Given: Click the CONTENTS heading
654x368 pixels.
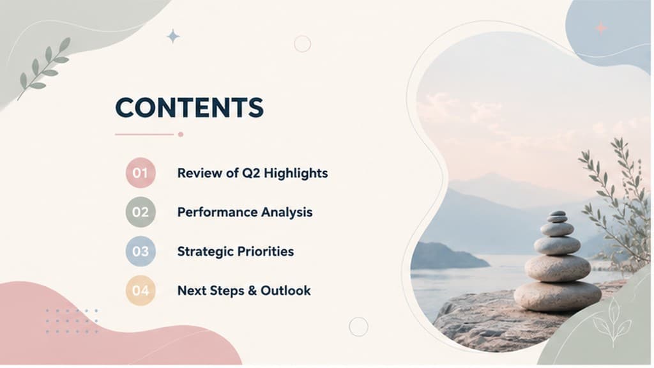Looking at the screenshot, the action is pyautogui.click(x=189, y=107).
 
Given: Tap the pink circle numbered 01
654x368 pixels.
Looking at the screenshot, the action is pyautogui.click(x=141, y=172).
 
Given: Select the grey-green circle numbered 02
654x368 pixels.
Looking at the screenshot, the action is pyautogui.click(x=141, y=212).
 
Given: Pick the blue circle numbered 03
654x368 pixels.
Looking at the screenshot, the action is pyautogui.click(x=141, y=251).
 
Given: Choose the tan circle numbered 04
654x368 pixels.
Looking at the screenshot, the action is pyautogui.click(x=141, y=291).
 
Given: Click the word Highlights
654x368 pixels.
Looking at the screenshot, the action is pyautogui.click(x=296, y=173).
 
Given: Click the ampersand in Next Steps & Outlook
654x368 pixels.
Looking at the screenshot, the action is pyautogui.click(x=252, y=291).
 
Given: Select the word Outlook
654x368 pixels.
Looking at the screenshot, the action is pyautogui.click(x=285, y=291).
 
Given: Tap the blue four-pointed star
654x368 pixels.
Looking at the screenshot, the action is pyautogui.click(x=173, y=36).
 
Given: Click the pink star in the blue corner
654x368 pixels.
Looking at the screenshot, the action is pyautogui.click(x=601, y=28).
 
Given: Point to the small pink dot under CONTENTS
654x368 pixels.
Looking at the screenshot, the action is pyautogui.click(x=181, y=134).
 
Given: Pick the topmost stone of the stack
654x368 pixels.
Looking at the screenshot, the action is pyautogui.click(x=557, y=213).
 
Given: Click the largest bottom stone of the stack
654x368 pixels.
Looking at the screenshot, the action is pyautogui.click(x=558, y=296).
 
